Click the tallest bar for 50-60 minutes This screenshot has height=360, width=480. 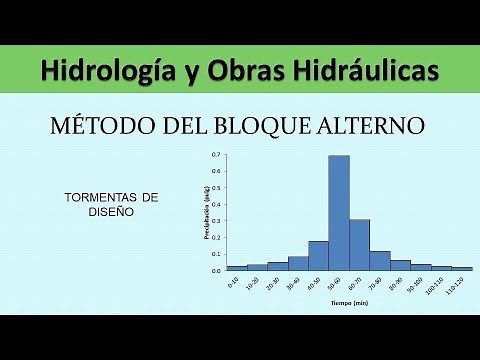pyautogui.click(x=339, y=213)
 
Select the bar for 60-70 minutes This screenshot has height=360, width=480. pyautogui.click(x=360, y=245)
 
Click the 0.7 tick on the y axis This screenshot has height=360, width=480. pyautogui.click(x=216, y=156)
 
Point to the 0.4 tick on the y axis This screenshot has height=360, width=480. pyautogui.click(x=216, y=205)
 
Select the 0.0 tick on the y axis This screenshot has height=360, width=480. pyautogui.click(x=216, y=271)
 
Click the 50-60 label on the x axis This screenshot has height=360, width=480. pyautogui.click(x=337, y=285)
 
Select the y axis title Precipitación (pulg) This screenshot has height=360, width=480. pyautogui.click(x=207, y=212)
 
